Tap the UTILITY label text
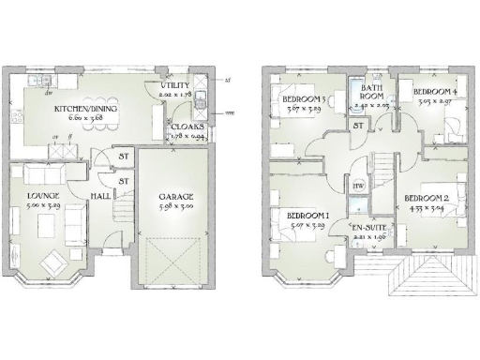pos(175,85)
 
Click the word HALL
pos(101,196)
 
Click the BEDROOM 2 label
pos(427,198)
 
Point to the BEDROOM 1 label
pos(306,215)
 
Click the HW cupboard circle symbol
pos(357,187)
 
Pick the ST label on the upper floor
pos(357,125)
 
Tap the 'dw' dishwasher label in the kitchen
pos(45,93)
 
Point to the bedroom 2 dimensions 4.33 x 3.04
pos(427,208)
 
